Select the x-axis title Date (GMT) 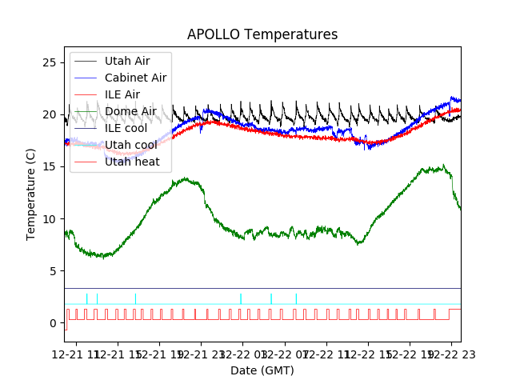262,370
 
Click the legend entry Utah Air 127,61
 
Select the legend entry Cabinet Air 135,78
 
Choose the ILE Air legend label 122,94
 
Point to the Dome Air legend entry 130,111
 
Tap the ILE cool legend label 126,128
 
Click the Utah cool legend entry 130,145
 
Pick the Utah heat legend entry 132,162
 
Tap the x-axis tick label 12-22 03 242,354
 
